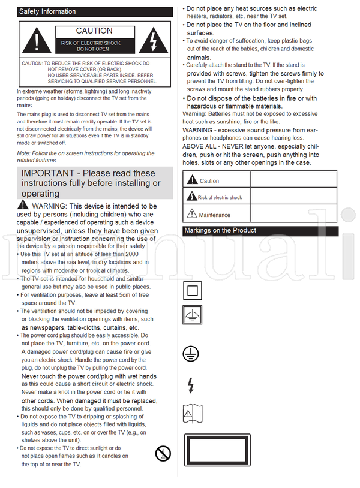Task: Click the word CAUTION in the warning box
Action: [x=94, y=31]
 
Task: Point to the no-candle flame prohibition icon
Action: [x=163, y=453]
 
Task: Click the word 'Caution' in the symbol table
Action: [x=209, y=180]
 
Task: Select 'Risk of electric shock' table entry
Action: [x=220, y=197]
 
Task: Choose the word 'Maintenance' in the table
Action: [x=214, y=215]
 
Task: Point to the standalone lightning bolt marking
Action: [x=191, y=385]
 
